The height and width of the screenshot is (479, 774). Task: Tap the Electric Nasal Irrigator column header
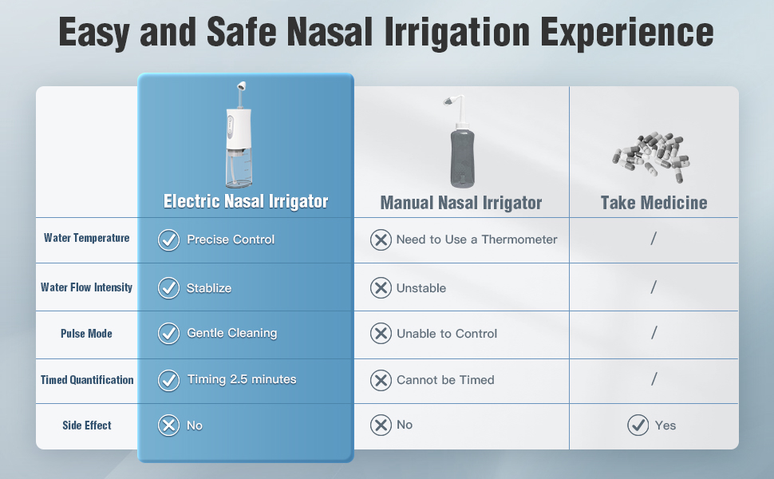[246, 201]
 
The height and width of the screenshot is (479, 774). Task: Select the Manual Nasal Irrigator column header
[461, 203]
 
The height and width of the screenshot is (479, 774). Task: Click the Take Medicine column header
[654, 203]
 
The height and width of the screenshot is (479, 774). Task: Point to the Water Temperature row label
[86, 238]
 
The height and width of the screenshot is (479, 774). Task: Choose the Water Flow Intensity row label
[86, 287]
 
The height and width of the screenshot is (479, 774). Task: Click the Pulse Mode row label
[86, 334]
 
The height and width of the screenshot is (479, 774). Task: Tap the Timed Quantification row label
[87, 380]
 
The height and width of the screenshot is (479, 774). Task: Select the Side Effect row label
[87, 426]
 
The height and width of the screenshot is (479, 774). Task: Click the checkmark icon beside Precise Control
[168, 240]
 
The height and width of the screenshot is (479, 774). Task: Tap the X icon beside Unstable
[381, 288]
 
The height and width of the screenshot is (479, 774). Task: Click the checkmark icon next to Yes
[638, 426]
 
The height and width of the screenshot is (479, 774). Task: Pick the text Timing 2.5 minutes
[242, 379]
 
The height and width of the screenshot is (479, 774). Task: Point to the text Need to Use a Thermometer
[477, 239]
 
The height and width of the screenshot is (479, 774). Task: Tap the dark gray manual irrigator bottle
[463, 158]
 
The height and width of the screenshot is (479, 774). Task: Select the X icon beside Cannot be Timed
[381, 380]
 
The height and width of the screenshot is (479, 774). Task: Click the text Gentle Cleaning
[232, 334]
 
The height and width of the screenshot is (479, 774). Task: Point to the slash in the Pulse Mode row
[654, 333]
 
